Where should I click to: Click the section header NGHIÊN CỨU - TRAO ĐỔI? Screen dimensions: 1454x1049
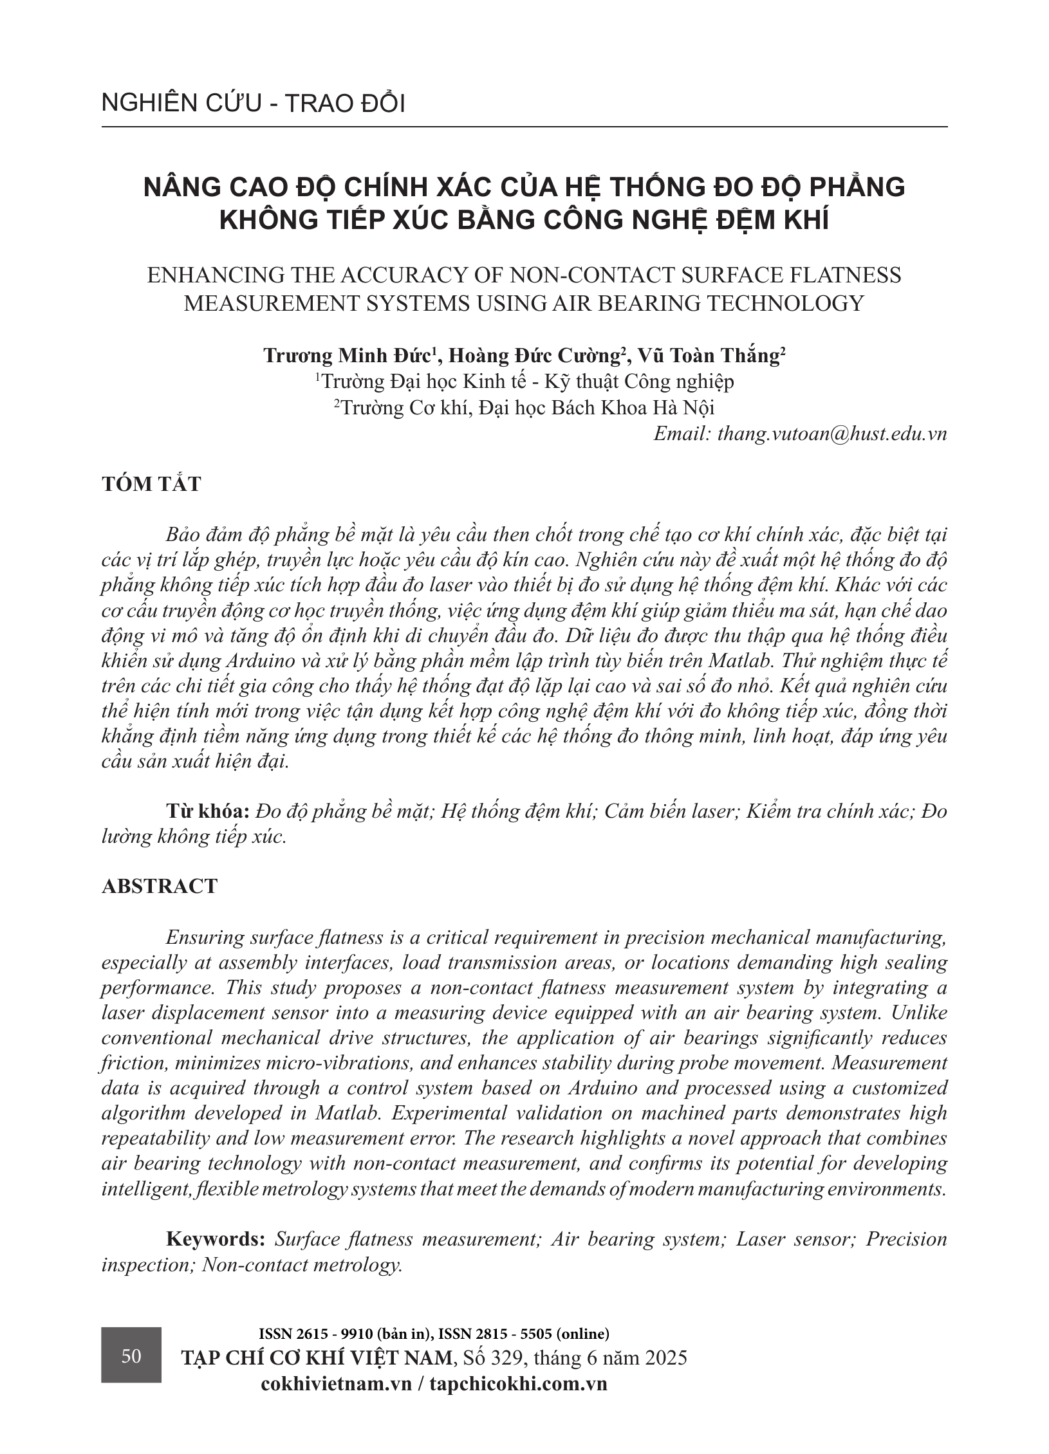253,104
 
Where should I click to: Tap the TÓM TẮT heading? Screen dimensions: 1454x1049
151,484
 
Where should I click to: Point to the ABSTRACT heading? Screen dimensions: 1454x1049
160,886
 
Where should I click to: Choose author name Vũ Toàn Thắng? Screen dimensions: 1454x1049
711,356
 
